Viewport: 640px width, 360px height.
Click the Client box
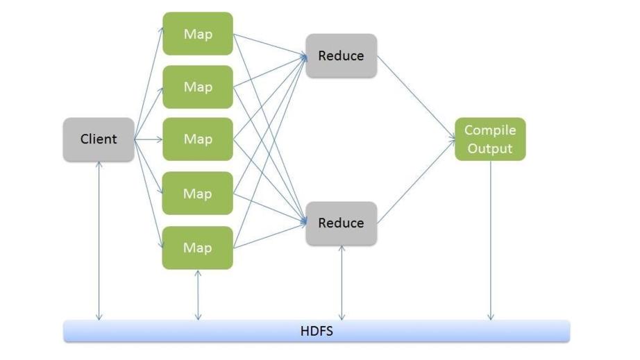[x=99, y=139]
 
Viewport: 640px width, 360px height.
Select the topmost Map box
[x=198, y=33]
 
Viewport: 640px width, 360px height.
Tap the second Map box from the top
[x=198, y=87]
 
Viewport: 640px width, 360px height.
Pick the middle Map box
[x=198, y=139]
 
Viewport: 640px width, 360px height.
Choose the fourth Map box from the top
[x=198, y=194]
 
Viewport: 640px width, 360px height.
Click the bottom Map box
[x=198, y=248]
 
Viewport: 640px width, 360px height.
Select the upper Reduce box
[x=341, y=55]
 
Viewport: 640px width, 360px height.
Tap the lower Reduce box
[x=341, y=223]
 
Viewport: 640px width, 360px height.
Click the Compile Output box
[x=490, y=139]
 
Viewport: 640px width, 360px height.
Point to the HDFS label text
[x=317, y=331]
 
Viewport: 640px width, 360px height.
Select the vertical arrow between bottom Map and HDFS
[x=199, y=295]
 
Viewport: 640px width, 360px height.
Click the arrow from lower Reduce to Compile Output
[x=416, y=182]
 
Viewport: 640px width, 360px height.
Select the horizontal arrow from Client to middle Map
[x=148, y=139]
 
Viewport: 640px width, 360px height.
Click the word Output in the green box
[x=490, y=148]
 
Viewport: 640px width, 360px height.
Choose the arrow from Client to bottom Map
[x=149, y=194]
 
